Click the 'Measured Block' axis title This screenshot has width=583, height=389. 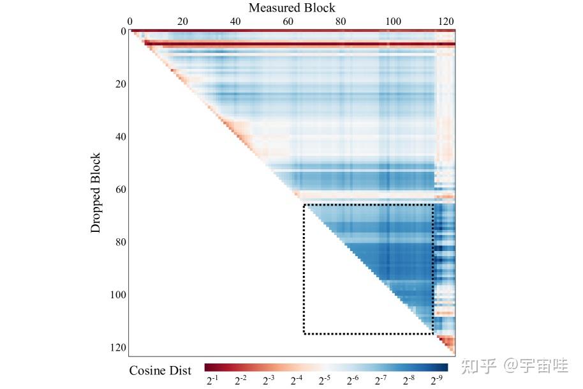pyautogui.click(x=291, y=8)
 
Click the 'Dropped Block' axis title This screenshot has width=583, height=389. pyautogui.click(x=96, y=192)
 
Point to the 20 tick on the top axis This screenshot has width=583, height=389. pyautogui.click(x=182, y=21)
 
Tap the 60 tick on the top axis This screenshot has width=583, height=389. pyautogui.click(x=288, y=21)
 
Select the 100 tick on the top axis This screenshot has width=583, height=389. pyautogui.click(x=394, y=21)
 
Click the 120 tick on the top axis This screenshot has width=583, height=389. pyautogui.click(x=446, y=21)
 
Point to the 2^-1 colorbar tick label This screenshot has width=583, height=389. pyautogui.click(x=212, y=381)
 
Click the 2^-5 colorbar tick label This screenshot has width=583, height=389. pyautogui.click(x=324, y=381)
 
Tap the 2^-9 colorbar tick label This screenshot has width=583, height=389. pyautogui.click(x=436, y=381)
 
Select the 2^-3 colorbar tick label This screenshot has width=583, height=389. pyautogui.click(x=268, y=381)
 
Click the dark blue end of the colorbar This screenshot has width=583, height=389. pyautogui.click(x=444, y=367)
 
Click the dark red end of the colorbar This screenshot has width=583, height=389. pyautogui.click(x=209, y=367)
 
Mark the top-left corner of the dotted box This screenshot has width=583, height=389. pyautogui.click(x=304, y=205)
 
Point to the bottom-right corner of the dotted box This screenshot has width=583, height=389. pyautogui.click(x=433, y=333)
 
